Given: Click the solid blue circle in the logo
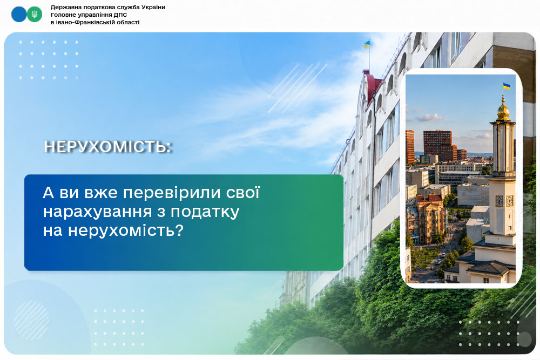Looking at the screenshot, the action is click(x=19, y=14).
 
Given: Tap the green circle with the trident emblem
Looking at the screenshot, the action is click(x=35, y=14).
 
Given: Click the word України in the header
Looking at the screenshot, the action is click(x=153, y=7).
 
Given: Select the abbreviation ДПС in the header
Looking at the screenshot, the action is click(x=120, y=15).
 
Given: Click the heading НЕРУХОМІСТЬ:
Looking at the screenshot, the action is click(x=108, y=147).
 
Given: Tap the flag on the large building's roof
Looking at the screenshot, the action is click(x=367, y=44).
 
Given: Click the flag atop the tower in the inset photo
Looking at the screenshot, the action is click(x=507, y=86).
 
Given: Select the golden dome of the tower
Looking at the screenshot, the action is click(x=503, y=111).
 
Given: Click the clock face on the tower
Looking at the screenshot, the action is click(x=499, y=201).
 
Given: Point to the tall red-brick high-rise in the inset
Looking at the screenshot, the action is click(x=437, y=145).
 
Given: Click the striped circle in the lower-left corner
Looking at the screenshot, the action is click(x=31, y=320).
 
